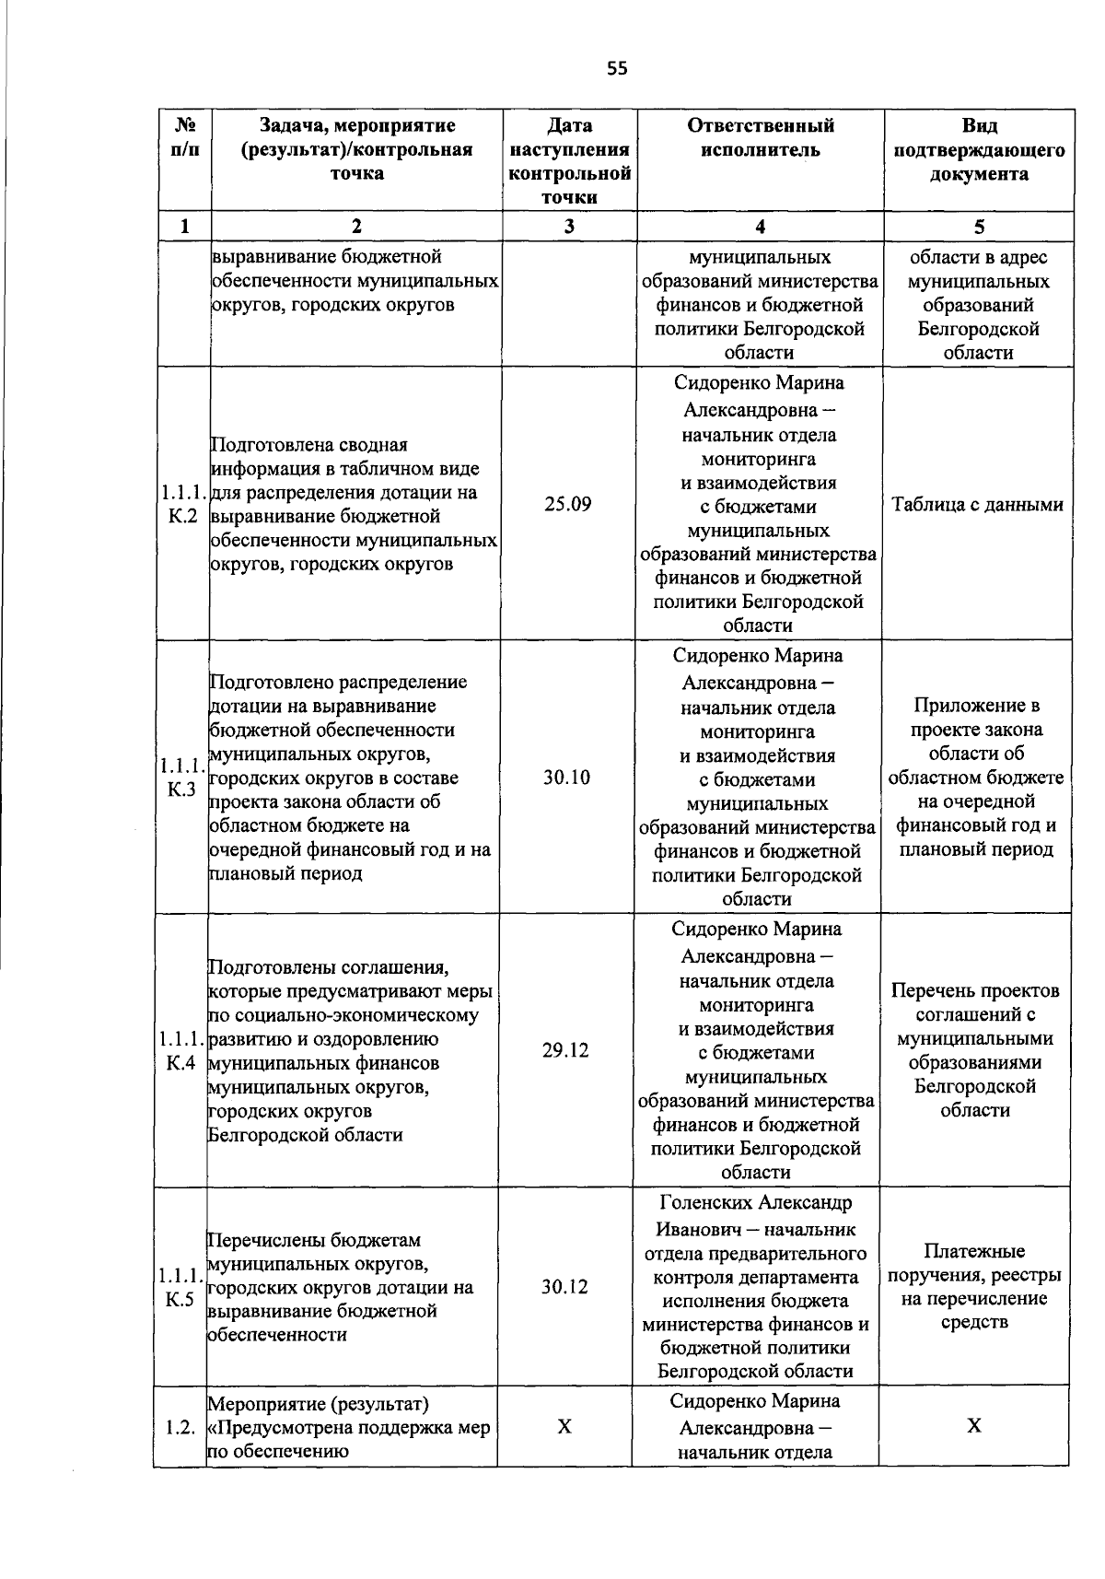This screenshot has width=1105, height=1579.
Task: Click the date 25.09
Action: tap(567, 505)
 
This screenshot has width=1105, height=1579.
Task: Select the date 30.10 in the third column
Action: tap(566, 778)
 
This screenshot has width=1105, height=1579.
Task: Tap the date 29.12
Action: tap(565, 1051)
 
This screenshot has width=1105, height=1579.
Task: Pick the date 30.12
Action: tap(564, 1287)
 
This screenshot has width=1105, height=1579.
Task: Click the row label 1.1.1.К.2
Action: tap(182, 505)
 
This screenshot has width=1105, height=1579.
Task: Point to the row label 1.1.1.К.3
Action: tap(180, 778)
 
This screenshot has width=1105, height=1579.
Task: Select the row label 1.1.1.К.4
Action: tap(180, 1051)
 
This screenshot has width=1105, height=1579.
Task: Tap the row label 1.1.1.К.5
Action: tap(180, 1288)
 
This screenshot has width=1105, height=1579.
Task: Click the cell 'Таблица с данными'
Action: tap(978, 505)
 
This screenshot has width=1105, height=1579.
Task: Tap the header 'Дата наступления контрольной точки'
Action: tap(570, 161)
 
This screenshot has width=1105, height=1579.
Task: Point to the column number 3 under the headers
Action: tap(570, 228)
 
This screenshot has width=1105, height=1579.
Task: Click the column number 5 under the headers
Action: tap(980, 228)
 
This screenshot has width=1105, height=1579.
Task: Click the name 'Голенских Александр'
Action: tap(756, 1203)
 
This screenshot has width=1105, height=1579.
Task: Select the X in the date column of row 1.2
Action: tap(564, 1427)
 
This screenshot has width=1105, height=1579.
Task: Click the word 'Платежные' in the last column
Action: tap(974, 1252)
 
